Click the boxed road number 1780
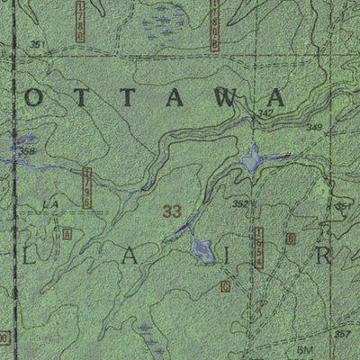click(80, 21)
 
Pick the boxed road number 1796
click(87, 185)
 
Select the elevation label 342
click(264, 113)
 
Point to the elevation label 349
click(314, 128)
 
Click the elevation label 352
click(239, 204)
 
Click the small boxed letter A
click(67, 233)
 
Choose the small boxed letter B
click(290, 238)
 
